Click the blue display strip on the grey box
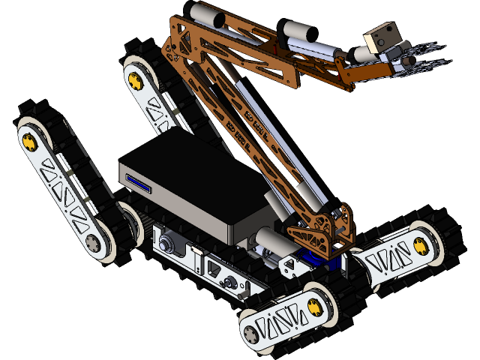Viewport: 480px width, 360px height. (139, 184)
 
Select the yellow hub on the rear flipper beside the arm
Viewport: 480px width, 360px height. (135, 79)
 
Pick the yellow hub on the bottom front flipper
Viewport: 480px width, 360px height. (313, 306)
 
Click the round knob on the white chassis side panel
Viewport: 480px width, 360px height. (166, 244)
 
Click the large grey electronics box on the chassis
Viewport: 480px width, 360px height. (195, 187)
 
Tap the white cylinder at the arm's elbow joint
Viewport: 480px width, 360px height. (300, 31)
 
